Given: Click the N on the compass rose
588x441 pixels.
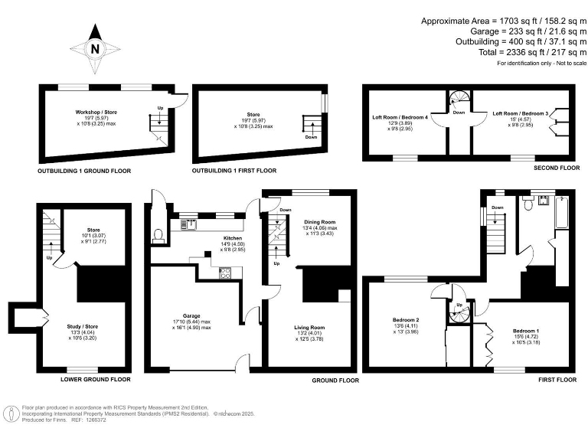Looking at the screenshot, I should pyautogui.click(x=95, y=49).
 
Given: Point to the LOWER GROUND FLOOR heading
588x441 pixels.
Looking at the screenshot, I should pyautogui.click(x=91, y=380).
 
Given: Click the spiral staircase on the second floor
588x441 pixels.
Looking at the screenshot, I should pyautogui.click(x=459, y=100).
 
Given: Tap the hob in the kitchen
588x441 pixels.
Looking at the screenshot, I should pyautogui.click(x=226, y=273).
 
